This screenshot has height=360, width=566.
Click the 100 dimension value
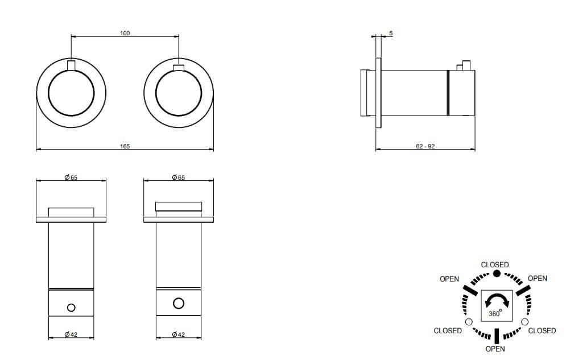[x=125, y=33]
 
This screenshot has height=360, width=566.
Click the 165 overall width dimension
[x=125, y=147]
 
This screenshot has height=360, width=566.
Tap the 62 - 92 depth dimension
[x=425, y=147]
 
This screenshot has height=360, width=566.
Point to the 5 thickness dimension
[x=391, y=33]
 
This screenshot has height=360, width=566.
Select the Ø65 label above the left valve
[x=71, y=177]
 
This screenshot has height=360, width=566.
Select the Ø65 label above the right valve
[x=178, y=177]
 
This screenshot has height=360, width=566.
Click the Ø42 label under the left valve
[x=71, y=334]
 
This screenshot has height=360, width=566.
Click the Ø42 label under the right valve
[x=178, y=334]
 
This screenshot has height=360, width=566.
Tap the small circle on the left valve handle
[x=71, y=308]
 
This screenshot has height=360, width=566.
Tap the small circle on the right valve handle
[x=178, y=303]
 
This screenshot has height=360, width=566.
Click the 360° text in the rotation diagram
[x=495, y=313]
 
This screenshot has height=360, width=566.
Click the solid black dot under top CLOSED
[x=497, y=274]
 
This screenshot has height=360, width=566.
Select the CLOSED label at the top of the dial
[x=494, y=265]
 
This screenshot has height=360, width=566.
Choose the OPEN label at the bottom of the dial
[x=495, y=349]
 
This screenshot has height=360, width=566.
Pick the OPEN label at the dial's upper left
[x=449, y=279]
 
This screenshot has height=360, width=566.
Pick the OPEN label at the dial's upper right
[x=538, y=279]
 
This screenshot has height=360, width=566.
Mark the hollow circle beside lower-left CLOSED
[x=469, y=322]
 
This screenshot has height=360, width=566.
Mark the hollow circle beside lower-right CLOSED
[x=524, y=322]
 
